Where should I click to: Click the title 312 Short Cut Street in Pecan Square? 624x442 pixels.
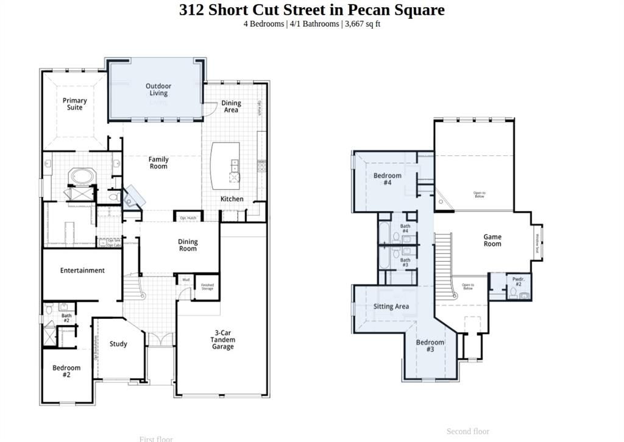(x=311, y=10)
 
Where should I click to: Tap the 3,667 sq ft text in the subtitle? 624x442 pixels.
(x=362, y=24)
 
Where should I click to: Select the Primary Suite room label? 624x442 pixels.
(x=75, y=104)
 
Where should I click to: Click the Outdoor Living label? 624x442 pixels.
(x=158, y=90)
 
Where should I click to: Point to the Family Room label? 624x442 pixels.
(x=158, y=163)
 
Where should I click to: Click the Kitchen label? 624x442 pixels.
(x=232, y=199)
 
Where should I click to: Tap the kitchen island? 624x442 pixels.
(x=225, y=165)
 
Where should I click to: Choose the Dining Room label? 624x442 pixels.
(x=188, y=245)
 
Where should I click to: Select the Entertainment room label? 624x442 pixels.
(x=82, y=270)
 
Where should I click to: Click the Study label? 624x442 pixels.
(x=118, y=344)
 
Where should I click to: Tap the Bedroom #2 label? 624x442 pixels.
(x=66, y=371)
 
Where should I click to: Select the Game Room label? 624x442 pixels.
(x=492, y=240)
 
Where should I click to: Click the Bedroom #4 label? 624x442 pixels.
(x=387, y=179)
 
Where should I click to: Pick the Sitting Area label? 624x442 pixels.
(x=391, y=307)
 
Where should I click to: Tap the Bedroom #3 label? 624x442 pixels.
(x=430, y=346)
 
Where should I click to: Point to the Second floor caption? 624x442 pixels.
(x=467, y=432)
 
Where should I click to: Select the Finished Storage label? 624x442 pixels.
(x=207, y=286)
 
